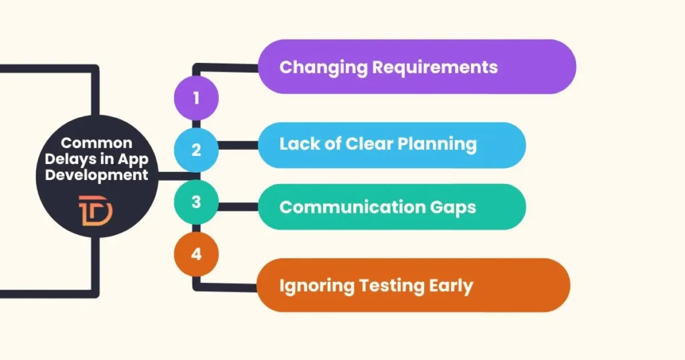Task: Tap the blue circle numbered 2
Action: (196, 149)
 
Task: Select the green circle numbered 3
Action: (196, 201)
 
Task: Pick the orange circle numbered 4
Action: (196, 254)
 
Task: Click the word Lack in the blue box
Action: (298, 144)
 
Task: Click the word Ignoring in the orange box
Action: (318, 286)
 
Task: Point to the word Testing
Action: (390, 286)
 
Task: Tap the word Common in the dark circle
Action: (97, 143)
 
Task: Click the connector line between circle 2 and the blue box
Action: (238, 145)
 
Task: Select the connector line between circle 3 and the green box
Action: (238, 207)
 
